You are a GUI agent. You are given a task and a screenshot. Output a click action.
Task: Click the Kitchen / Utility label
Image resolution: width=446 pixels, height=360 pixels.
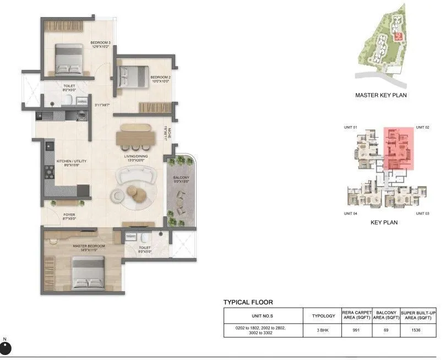click(72, 162)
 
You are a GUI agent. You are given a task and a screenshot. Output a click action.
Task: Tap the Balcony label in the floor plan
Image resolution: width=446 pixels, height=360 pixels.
click(181, 177)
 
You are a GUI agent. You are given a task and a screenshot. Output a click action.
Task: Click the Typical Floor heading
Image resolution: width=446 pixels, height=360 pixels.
click(248, 302)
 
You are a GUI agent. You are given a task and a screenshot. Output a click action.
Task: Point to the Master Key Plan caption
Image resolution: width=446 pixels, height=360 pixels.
click(380, 95)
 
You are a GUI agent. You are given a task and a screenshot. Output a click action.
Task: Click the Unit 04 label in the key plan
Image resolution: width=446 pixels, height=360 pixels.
click(351, 213)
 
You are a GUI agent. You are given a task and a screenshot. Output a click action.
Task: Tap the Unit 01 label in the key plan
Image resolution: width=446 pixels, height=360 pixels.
click(351, 128)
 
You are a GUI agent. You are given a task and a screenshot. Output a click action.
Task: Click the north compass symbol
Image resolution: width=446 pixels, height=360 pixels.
click(6, 349)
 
